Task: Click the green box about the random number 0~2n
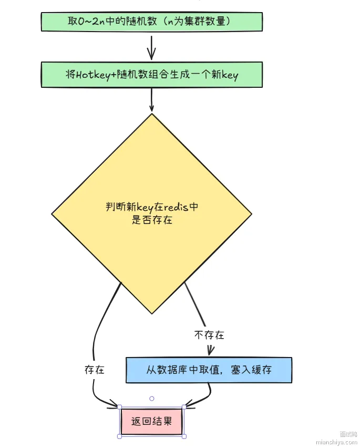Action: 151,22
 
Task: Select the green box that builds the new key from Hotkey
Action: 151,75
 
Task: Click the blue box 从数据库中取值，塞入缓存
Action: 209,370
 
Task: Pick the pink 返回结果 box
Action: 151,421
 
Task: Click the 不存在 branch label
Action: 209,335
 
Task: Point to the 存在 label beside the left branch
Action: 95,370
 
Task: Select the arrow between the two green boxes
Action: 151,47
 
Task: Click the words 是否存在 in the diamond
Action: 151,220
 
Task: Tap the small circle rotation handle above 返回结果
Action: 152,399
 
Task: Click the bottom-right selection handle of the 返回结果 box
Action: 184,436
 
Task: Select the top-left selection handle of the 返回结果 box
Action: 120,406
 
